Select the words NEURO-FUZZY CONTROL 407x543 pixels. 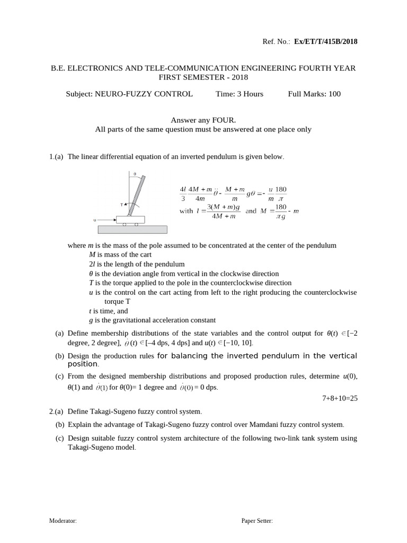(144, 94)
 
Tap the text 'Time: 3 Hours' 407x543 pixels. (240, 94)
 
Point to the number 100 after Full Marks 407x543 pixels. (334, 94)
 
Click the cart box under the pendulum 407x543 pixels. (130, 219)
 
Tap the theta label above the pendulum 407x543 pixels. (134, 173)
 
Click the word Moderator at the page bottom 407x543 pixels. (63, 521)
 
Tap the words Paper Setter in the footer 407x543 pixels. (257, 521)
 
